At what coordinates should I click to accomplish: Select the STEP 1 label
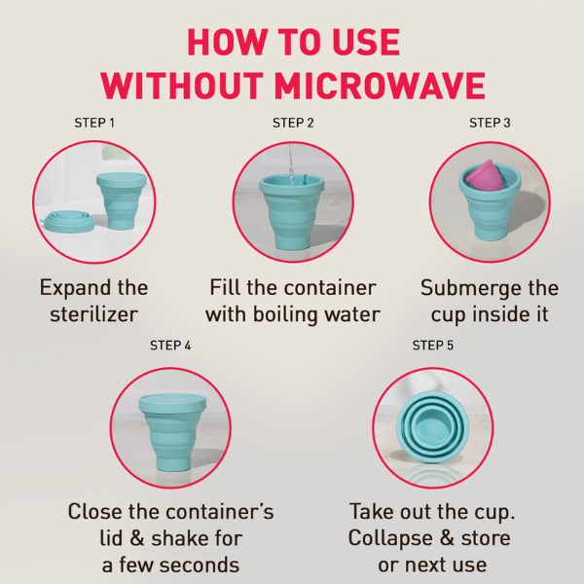pyautogui.click(x=94, y=124)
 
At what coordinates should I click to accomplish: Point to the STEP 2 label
pyautogui.click(x=293, y=124)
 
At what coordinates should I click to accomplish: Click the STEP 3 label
pyautogui.click(x=490, y=124)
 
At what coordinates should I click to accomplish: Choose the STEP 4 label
pyautogui.click(x=170, y=346)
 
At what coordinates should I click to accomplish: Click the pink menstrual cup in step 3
pyautogui.click(x=490, y=176)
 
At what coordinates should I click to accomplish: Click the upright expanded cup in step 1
pyautogui.click(x=121, y=199)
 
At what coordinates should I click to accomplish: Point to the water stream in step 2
pyautogui.click(x=293, y=161)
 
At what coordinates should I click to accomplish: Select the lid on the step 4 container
pyautogui.click(x=170, y=401)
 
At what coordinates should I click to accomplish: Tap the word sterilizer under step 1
pyautogui.click(x=94, y=314)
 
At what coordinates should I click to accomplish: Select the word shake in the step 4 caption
pyautogui.click(x=211, y=538)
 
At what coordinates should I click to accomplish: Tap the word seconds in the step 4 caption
pyautogui.click(x=201, y=565)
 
